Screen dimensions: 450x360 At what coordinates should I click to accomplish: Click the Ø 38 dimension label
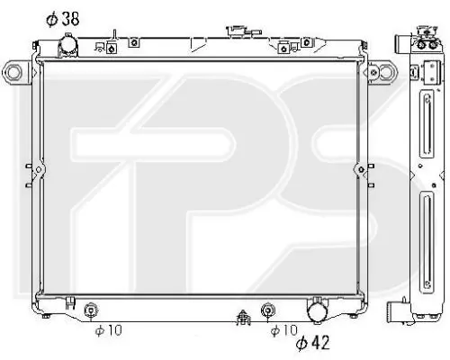[63, 19]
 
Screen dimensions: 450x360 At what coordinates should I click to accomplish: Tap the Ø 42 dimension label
[313, 342]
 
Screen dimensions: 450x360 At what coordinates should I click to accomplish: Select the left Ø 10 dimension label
[109, 330]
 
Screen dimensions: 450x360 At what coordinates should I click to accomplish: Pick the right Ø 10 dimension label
[283, 330]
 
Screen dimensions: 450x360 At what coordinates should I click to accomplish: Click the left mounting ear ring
[13, 72]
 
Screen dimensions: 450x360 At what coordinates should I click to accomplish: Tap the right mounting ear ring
[386, 72]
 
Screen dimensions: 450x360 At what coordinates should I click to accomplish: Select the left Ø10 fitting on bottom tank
[90, 310]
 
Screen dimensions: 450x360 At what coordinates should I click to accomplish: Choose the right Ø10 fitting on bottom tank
[267, 310]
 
